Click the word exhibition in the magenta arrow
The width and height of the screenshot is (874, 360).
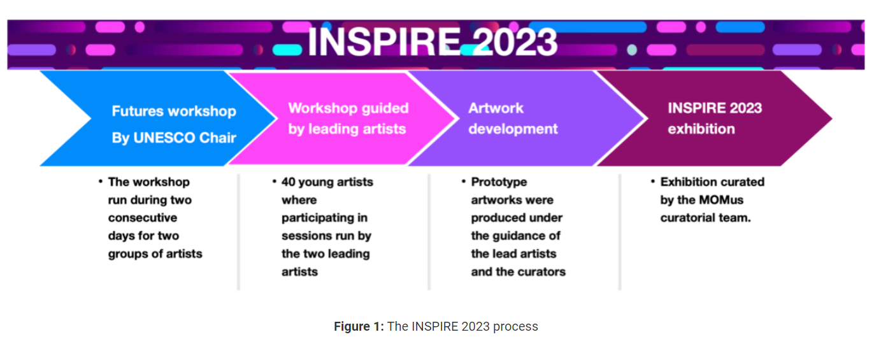(701, 129)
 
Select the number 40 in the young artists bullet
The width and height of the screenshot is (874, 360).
(289, 182)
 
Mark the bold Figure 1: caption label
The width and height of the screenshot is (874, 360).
(359, 327)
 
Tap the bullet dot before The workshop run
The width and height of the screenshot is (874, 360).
(101, 182)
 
